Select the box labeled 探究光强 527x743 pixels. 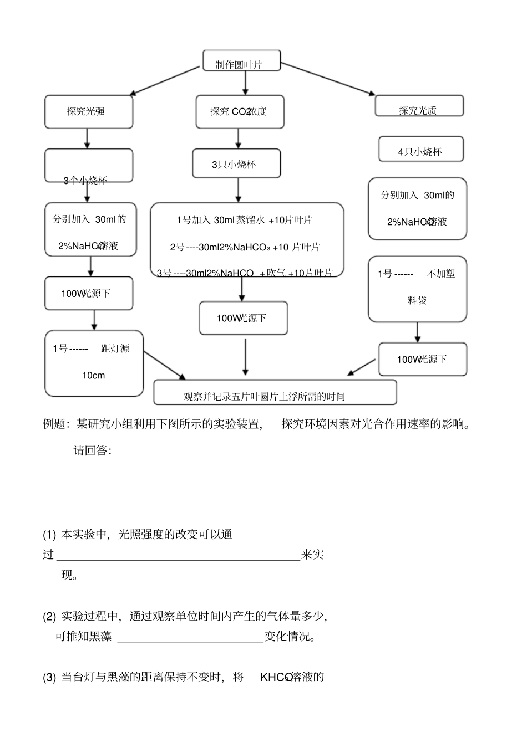(89, 111)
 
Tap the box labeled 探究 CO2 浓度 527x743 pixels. (240, 111)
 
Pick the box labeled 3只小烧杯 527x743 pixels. (236, 164)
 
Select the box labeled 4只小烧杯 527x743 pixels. (420, 151)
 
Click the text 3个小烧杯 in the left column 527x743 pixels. (85, 180)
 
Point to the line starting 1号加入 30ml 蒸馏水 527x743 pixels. (245, 220)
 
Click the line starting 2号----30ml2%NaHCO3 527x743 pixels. (245, 247)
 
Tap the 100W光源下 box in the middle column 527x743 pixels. (243, 318)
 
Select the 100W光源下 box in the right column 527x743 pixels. (423, 359)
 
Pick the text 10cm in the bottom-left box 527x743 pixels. (93, 376)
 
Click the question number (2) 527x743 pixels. (50, 617)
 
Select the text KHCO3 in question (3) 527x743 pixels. (276, 677)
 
